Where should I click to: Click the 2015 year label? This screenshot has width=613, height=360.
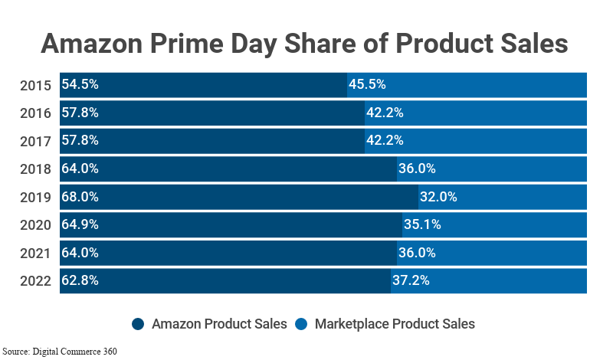pos(35,85)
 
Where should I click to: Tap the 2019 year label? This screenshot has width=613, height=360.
pos(35,197)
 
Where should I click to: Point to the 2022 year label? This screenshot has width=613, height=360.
pos(35,280)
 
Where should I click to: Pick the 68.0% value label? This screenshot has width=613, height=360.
pos(80,197)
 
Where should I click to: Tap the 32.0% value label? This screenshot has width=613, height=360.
pos(438,197)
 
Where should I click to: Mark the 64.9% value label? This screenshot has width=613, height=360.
pos(80,224)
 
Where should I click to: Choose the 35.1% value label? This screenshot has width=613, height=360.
pos(422,224)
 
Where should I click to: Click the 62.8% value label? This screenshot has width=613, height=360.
pos(80,280)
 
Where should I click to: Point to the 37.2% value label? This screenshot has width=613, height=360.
pos(411,280)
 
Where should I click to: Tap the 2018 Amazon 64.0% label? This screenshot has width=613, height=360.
pos(80,169)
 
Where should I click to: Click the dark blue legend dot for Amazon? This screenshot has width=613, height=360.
pos(139,324)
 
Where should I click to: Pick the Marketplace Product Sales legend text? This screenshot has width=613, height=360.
pos(395,324)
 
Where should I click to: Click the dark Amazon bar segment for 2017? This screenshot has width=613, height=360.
pos(230,141)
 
